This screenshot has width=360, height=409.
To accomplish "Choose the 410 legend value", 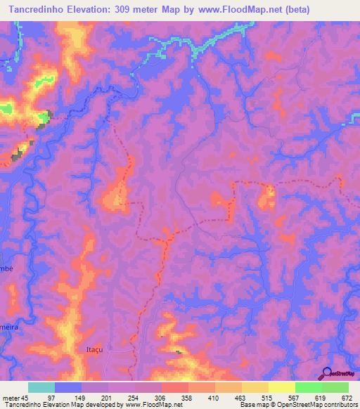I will (241, 397).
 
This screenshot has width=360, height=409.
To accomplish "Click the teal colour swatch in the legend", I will (41, 387).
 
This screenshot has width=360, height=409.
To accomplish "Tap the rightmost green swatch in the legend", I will (335, 387).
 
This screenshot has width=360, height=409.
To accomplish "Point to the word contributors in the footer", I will (340, 405).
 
